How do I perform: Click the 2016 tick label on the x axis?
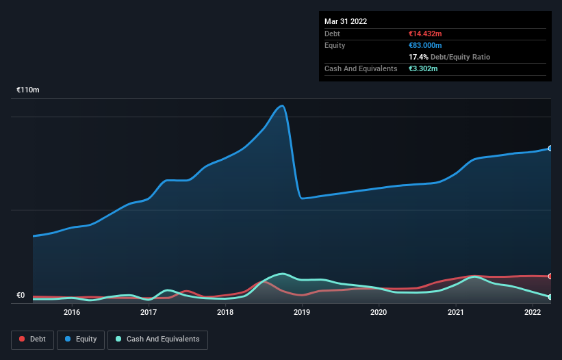coord(72,312)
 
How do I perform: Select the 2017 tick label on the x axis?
coord(149,312)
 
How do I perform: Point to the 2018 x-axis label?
coord(225,312)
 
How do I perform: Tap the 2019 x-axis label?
coord(302,312)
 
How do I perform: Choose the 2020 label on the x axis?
coord(379,312)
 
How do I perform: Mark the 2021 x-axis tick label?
coord(455,312)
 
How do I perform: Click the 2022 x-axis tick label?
coord(532,312)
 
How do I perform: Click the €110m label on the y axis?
coord(28,90)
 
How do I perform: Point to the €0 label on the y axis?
coord(21,296)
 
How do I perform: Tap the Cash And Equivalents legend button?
coord(157,339)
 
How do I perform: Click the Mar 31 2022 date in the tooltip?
coord(346,21)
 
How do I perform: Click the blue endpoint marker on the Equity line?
coord(550,148)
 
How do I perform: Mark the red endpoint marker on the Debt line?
coord(550,277)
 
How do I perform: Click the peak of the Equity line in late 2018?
coord(281,105)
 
